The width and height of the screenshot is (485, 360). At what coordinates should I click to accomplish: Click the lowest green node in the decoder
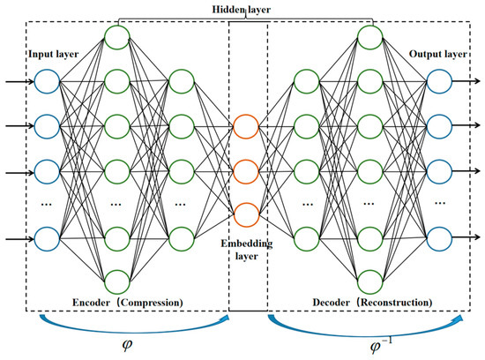click(369, 281)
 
